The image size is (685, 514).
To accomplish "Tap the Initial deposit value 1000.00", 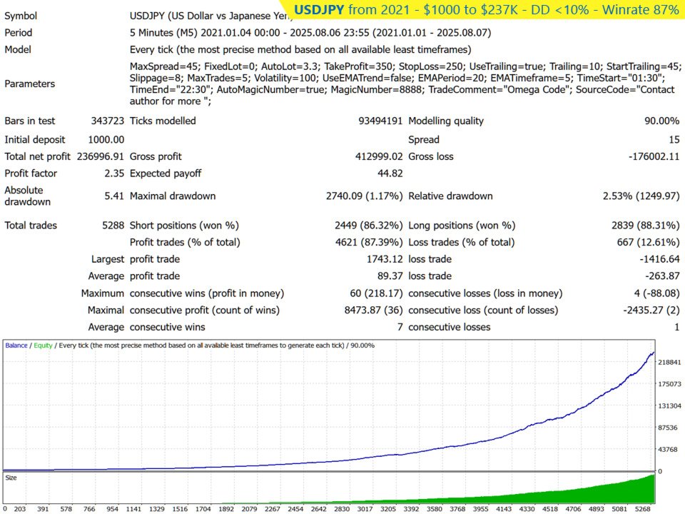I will coord(106,139).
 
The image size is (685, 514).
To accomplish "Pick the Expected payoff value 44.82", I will coord(390,173).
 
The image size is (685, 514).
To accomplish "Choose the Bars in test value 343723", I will coord(107,121).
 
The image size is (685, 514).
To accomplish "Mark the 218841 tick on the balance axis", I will coord(671,363).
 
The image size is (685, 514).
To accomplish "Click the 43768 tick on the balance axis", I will coord(669,449).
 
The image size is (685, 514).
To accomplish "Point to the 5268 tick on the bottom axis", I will coord(643,509).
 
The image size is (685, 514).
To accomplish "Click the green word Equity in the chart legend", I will coord(41,346).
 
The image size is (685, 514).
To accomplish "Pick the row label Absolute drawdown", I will coord(24,196).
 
